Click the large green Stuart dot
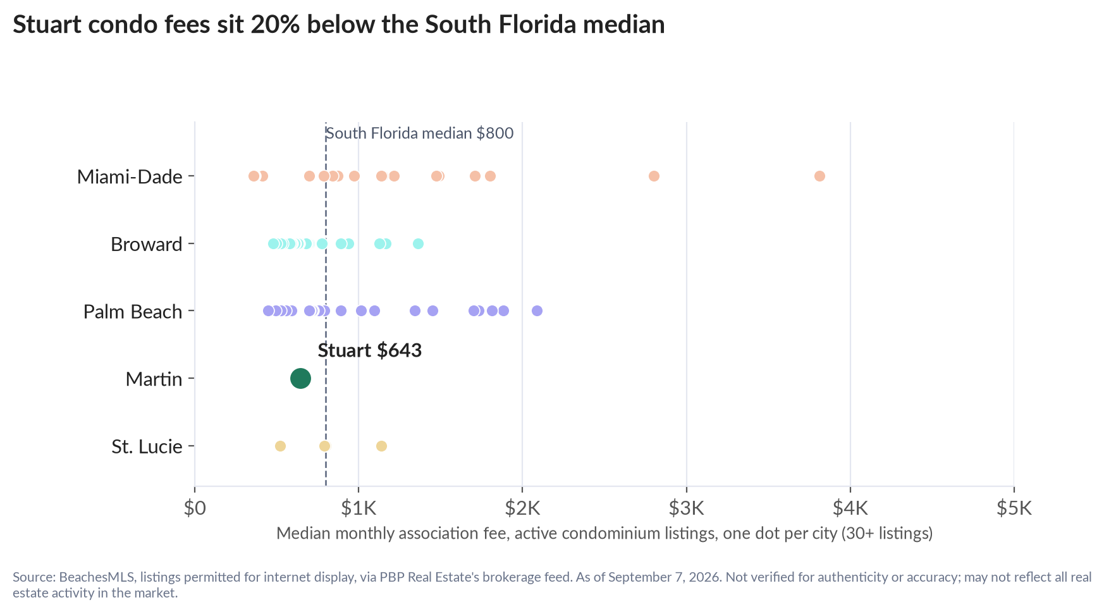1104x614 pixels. [x=300, y=379]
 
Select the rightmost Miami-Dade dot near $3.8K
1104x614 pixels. [x=819, y=176]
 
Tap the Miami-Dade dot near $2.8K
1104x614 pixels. [x=654, y=176]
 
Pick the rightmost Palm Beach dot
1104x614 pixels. [x=537, y=310]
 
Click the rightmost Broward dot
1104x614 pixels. [x=418, y=243]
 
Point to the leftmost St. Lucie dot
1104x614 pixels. [x=280, y=446]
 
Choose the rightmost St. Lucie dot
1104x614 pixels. [x=381, y=446]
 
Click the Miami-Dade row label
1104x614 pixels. [x=130, y=176]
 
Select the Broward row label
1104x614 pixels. [x=146, y=244]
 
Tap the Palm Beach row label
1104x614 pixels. [x=133, y=311]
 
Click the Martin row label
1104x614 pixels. [x=154, y=379]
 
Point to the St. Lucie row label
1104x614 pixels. [x=147, y=446]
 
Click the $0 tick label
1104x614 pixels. [x=195, y=508]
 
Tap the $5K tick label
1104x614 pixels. [x=1014, y=508]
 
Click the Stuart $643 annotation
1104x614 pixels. [x=369, y=350]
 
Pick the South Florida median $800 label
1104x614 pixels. [x=419, y=133]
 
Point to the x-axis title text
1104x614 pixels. [x=604, y=533]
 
